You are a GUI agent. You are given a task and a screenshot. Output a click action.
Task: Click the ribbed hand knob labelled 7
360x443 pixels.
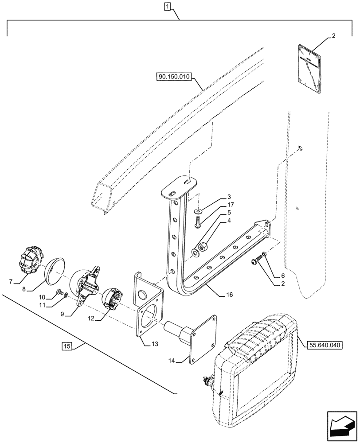click(31, 262)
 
